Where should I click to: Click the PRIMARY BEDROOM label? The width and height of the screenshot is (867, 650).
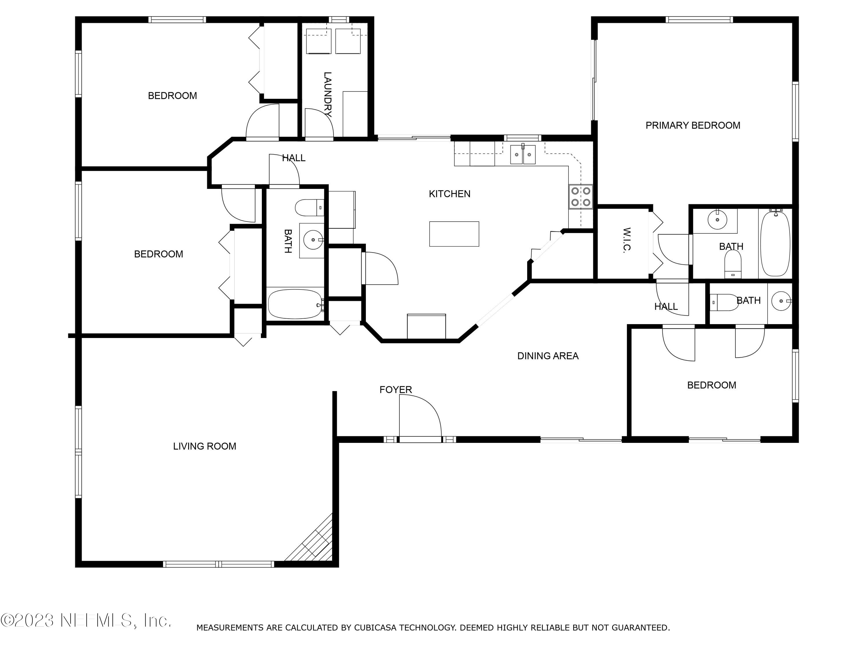click(692, 125)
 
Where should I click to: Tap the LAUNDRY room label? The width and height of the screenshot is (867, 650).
click(328, 94)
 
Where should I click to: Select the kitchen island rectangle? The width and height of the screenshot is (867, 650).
click(454, 234)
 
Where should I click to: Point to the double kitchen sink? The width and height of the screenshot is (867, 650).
click(523, 154)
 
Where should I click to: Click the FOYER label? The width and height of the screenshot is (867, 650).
click(395, 389)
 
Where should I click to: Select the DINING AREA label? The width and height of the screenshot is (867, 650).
click(548, 356)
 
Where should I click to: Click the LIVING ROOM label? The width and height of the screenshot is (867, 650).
click(205, 446)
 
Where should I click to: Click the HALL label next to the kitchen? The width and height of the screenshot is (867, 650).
click(294, 158)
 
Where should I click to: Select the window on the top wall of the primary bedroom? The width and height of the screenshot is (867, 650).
click(699, 20)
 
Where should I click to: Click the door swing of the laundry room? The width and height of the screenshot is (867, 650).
click(319, 123)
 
